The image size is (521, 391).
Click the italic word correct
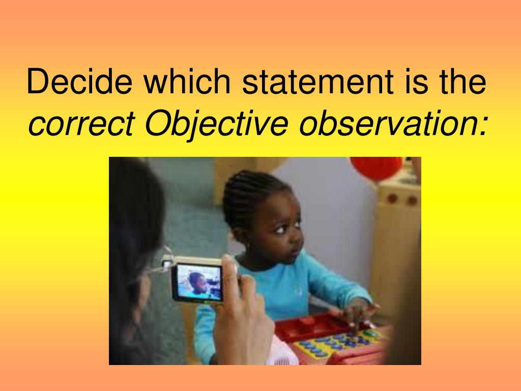tap(82, 124)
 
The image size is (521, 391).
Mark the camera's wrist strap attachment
tap(166, 263)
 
